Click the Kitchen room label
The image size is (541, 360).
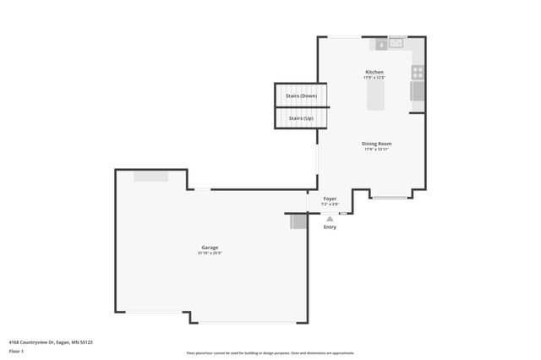[x=374, y=72]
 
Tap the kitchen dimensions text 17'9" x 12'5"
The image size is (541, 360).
[x=374, y=78]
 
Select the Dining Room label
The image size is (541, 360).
[x=377, y=144]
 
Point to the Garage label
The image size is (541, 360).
[x=210, y=248]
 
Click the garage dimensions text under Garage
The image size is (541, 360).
[x=210, y=254]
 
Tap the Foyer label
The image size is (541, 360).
[x=330, y=199]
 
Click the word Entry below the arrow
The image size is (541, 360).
[x=330, y=226]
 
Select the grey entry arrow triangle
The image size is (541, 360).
[x=330, y=218]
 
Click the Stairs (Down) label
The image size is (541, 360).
[x=302, y=95]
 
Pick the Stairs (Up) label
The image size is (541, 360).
[x=302, y=118]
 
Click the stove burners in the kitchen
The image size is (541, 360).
[x=417, y=72]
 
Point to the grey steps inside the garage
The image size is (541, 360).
[x=298, y=221]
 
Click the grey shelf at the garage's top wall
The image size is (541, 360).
[x=150, y=176]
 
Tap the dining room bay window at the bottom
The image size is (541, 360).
[x=390, y=198]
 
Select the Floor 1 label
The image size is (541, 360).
[x=16, y=350]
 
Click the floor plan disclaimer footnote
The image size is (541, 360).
[x=270, y=353]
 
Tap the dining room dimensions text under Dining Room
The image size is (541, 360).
[x=377, y=150]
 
